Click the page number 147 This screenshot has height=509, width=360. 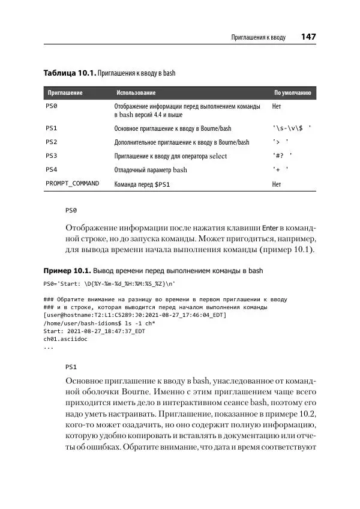pos(308,37)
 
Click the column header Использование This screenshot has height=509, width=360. pos(136,93)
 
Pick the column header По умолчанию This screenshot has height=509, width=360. pos(292,93)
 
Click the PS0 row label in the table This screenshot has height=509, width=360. pos(52,106)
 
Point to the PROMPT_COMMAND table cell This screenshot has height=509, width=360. pos(72,183)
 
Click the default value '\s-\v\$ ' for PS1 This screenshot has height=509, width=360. pos(291,128)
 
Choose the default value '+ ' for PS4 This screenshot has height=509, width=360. pos(281,170)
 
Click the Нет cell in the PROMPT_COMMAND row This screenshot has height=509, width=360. pos(277,184)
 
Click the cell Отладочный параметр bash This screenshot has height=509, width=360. pos(151,170)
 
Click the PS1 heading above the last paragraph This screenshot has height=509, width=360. pos(71,366)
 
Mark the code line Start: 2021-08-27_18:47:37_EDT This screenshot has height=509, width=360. pos(94,330)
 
